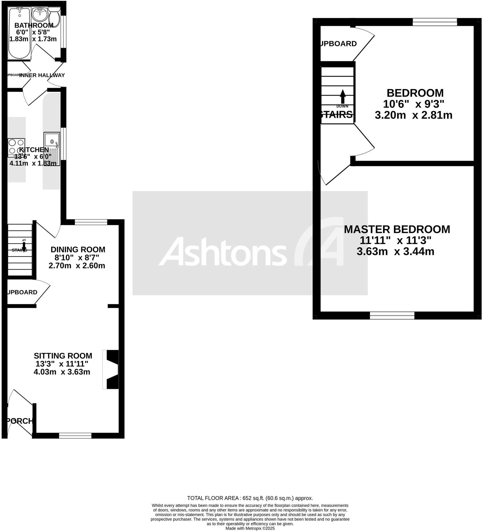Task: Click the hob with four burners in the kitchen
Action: coord(16,147)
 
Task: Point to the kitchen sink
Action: coord(52,148)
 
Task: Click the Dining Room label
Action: coord(78,249)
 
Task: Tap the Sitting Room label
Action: coord(63,356)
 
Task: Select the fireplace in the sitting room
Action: coord(111,369)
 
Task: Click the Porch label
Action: coord(19,421)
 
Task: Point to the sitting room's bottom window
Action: coord(75,435)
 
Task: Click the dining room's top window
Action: coord(91,222)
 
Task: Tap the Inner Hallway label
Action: coord(42,75)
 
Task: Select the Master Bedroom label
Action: coord(397,229)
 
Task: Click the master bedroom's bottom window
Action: coord(392,315)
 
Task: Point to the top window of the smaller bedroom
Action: coord(435,22)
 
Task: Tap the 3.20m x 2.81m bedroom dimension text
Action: coord(413,115)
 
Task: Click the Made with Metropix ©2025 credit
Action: coord(250,528)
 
